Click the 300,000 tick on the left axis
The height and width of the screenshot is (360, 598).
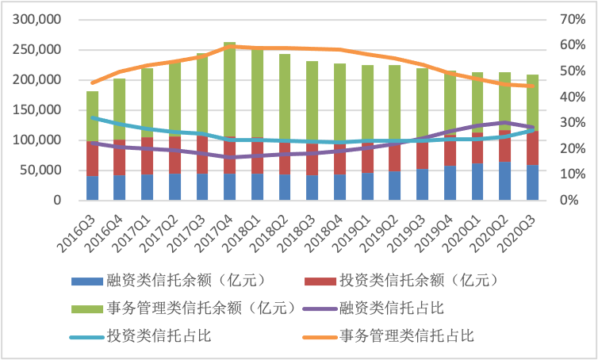pos(37,20)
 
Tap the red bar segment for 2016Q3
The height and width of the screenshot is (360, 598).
pos(93,159)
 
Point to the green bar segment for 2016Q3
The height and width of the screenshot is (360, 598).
pos(93,116)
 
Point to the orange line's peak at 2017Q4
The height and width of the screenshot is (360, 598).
pos(229,47)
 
